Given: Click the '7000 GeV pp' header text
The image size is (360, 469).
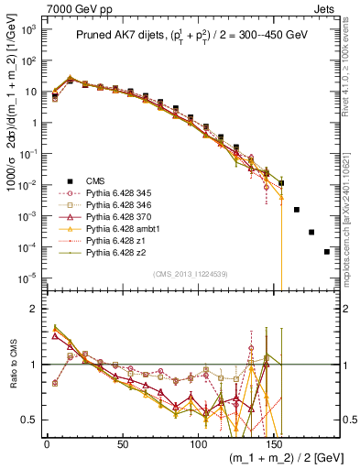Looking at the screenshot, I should coord(33,7).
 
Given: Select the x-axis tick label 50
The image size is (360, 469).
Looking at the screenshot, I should coord(123,442).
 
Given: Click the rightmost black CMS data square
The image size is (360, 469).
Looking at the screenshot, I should coord(326,252).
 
